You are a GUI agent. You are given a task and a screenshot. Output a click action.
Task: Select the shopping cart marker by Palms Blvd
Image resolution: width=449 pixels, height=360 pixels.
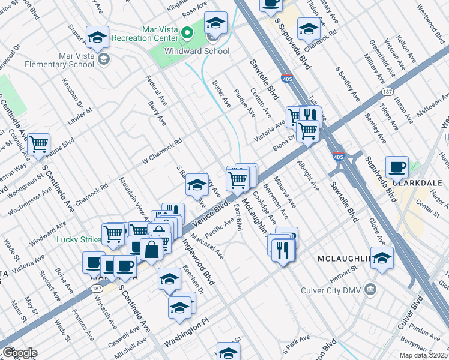(39, 144)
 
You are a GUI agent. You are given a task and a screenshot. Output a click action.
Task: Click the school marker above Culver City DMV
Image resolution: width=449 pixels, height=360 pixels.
(382, 257)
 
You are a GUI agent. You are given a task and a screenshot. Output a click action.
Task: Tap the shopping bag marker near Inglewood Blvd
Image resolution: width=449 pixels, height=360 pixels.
(152, 249)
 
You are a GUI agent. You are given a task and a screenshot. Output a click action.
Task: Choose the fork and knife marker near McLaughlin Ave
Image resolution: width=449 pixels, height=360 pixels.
(283, 248)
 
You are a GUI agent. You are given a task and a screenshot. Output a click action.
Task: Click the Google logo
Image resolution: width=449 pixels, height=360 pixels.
(20, 353)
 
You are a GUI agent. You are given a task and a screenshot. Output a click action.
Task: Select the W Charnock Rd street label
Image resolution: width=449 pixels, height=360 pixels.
(161, 153)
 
